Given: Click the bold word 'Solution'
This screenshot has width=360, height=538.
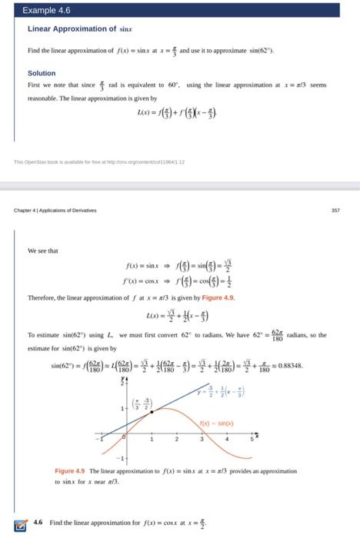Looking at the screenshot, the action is pyautogui.click(x=43, y=73).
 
